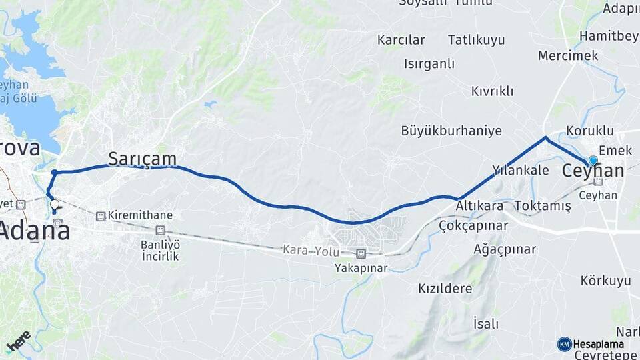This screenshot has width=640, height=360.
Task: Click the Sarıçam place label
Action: point(142,159)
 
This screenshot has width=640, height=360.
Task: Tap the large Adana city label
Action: point(34,232)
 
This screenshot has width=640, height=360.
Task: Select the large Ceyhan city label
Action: point(593,171)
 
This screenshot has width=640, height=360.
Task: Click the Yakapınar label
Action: point(361,268)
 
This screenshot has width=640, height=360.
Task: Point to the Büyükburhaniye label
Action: point(451,131)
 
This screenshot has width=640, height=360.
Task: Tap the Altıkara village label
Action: point(479,207)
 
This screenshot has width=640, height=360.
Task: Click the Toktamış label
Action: point(543,206)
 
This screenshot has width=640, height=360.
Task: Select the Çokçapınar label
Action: point(473,226)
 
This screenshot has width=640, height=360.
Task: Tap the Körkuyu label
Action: point(605,281)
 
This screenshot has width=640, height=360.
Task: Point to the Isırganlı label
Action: point(429,64)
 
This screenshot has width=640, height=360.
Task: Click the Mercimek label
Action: point(568,56)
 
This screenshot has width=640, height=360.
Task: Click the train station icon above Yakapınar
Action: point(361,253)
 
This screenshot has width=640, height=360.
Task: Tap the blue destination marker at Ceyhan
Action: point(593,161)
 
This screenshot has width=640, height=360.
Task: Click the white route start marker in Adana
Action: point(55,204)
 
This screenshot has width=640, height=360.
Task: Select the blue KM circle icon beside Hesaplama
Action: point(564,344)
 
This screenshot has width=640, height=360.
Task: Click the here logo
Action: point(18,341)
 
